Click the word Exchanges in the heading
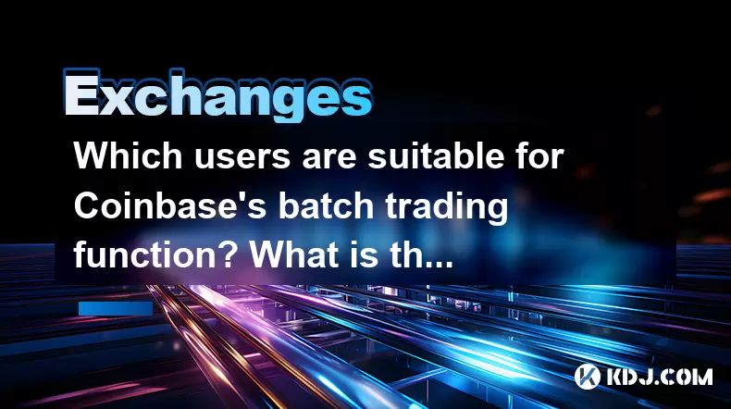(x=217, y=96)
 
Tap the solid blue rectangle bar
(x=116, y=308)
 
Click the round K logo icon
(x=588, y=376)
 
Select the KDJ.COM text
(x=659, y=377)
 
